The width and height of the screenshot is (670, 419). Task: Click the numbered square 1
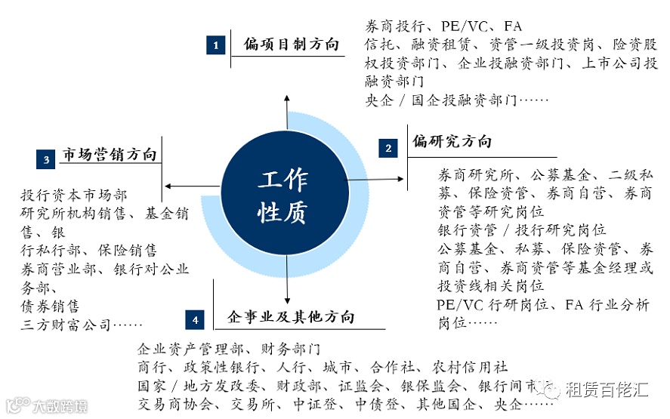216,45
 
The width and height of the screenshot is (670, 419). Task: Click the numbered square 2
388,148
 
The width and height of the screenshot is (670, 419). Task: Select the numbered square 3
46,159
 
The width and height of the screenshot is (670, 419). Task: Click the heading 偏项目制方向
292,45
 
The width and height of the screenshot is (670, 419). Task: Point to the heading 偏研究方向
452,142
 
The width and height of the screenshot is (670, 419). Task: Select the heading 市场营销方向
110,155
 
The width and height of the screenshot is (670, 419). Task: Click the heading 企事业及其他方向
291,317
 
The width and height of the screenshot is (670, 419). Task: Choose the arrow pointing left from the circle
181,186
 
